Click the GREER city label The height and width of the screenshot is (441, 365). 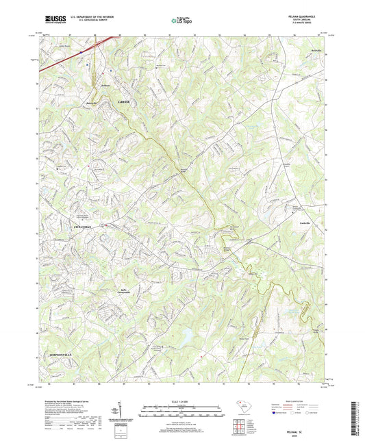point(124,101)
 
